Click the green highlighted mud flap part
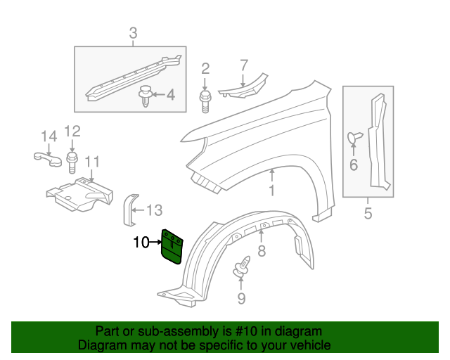172,245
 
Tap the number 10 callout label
141,243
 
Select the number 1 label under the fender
271,191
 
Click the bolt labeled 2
206,101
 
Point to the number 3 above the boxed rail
132,32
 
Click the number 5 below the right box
368,212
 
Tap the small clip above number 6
354,139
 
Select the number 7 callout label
243,66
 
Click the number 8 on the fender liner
261,250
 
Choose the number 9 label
241,299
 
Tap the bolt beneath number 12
72,163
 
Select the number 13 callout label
154,210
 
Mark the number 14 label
48,136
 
